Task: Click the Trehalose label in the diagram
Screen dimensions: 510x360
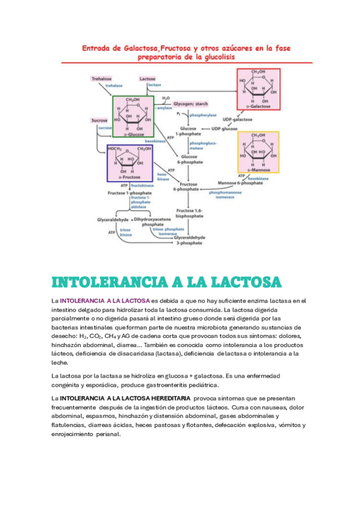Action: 102,79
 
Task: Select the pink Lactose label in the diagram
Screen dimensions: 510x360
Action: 147,79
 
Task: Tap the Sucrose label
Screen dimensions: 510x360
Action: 99,121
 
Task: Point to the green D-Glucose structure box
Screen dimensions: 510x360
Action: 133,116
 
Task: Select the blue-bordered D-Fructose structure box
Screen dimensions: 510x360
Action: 134,163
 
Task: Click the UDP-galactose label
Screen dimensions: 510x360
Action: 237,120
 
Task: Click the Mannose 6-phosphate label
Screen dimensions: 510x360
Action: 240,183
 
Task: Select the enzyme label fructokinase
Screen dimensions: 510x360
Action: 142,186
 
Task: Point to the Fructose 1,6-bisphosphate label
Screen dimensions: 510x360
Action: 189,214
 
